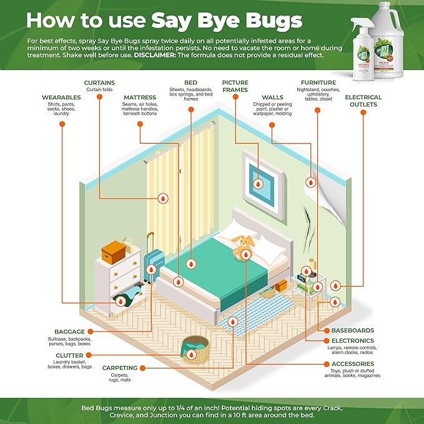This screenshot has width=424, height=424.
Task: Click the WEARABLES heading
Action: tap(61, 97)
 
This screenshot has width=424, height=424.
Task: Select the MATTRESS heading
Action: tap(139, 97)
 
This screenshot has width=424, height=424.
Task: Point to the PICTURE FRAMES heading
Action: tap(235, 86)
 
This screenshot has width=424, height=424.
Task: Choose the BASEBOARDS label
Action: tap(353, 330)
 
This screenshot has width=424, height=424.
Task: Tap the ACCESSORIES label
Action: tap(353, 364)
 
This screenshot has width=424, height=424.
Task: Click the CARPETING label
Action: tap(119, 368)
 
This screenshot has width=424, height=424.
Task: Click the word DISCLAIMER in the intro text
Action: tap(155, 55)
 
